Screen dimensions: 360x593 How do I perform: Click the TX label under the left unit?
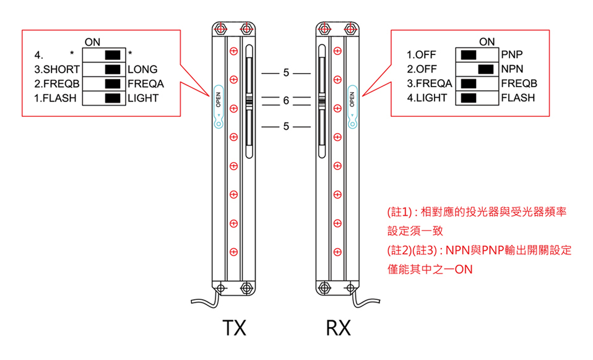pyautogui.click(x=234, y=328)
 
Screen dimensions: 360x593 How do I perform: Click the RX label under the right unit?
pyautogui.click(x=338, y=328)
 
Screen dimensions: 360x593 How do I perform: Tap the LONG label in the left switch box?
pyautogui.click(x=142, y=69)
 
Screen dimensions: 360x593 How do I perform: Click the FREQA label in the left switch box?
pyautogui.click(x=145, y=84)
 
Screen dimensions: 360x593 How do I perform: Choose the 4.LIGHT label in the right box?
pyautogui.click(x=427, y=98)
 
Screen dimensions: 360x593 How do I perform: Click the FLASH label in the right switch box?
pyautogui.click(x=517, y=98)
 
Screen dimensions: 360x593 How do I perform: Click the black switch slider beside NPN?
pyautogui.click(x=486, y=69)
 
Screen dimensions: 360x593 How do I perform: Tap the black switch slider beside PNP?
pyautogui.click(x=469, y=54)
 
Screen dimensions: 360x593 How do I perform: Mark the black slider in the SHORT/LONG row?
pyautogui.click(x=113, y=69)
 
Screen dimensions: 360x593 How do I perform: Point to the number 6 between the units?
pyautogui.click(x=285, y=101)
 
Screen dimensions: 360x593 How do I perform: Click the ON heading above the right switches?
pyautogui.click(x=487, y=41)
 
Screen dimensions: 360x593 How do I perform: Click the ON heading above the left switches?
pyautogui.click(x=92, y=41)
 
